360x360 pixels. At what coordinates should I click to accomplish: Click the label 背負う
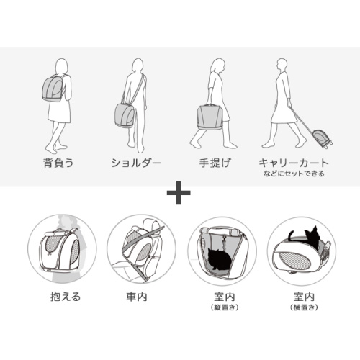pos(58,163)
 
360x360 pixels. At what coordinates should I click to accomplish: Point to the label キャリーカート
pos(294,163)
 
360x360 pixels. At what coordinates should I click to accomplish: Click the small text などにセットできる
pos(294,174)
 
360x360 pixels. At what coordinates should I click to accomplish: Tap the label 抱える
pos(58,296)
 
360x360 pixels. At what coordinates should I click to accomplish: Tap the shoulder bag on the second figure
pos(125,114)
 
